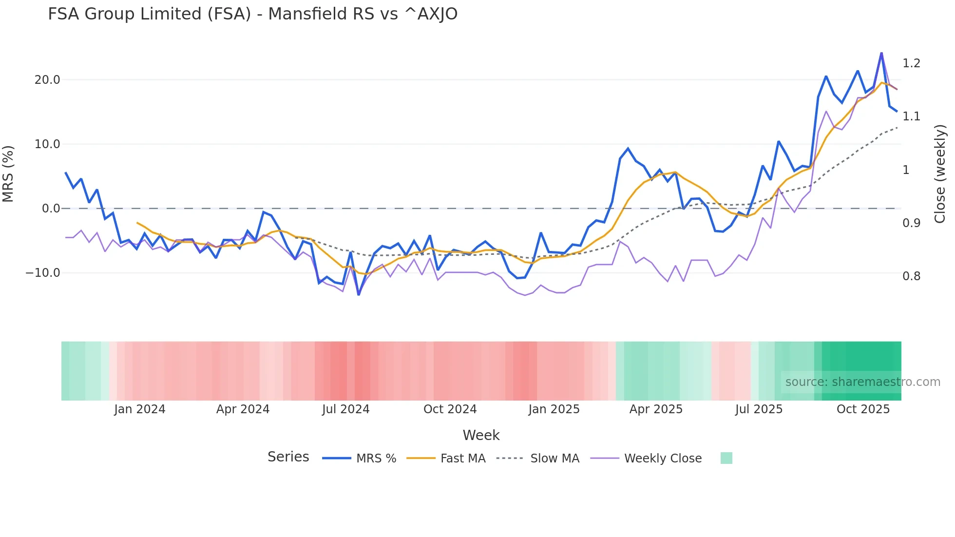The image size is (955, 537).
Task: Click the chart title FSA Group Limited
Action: click(x=252, y=14)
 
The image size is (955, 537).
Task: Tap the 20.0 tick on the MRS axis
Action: click(x=47, y=80)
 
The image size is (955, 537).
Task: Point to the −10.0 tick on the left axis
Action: click(x=43, y=273)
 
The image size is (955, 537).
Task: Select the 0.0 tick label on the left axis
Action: click(x=51, y=209)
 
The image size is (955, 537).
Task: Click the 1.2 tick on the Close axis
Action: click(x=911, y=63)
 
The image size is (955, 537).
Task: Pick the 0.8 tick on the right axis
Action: click(x=911, y=276)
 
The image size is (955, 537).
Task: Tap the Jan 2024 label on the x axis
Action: click(x=140, y=409)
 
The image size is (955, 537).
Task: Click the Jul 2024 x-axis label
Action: click(x=345, y=409)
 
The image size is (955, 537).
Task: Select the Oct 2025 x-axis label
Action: click(x=863, y=409)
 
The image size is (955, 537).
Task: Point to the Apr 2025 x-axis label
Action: click(x=656, y=409)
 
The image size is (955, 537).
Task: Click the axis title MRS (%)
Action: click(x=8, y=173)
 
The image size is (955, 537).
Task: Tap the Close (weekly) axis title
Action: click(x=940, y=173)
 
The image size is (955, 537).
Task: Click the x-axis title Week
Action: click(x=481, y=435)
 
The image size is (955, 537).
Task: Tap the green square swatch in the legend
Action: click(x=726, y=458)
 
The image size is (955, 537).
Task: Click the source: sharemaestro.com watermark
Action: click(x=862, y=382)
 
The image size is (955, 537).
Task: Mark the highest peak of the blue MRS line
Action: click(x=881, y=53)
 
